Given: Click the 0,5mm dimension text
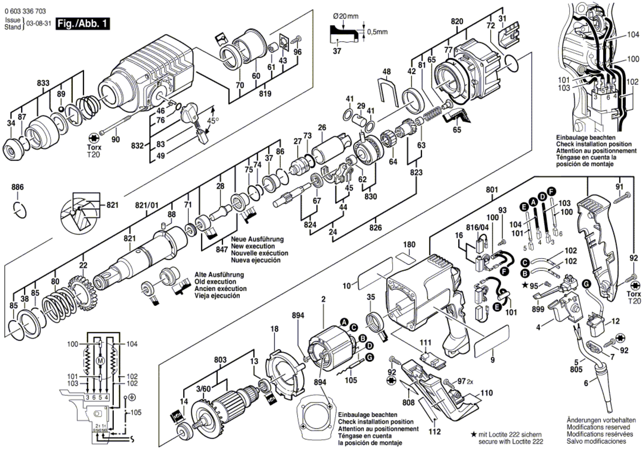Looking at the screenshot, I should [377, 32].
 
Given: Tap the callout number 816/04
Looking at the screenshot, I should [477, 227].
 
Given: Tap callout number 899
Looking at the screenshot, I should [538, 309].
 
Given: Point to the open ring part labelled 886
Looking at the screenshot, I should [20, 208].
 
